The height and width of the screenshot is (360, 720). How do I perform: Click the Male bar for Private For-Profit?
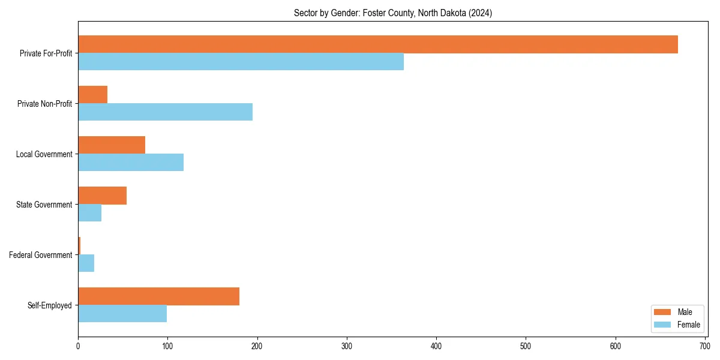(378, 44)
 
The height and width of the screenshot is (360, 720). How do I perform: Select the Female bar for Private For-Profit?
(241, 62)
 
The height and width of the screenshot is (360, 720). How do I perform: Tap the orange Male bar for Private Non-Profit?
(92, 95)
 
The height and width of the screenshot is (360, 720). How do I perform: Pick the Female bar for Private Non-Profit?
(165, 112)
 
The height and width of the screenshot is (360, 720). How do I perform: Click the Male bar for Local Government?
(112, 145)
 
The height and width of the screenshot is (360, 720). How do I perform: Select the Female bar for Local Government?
(131, 163)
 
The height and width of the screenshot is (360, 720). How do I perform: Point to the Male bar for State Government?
(102, 196)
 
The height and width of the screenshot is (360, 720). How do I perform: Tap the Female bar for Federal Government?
(86, 263)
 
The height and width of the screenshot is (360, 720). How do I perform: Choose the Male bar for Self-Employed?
(158, 296)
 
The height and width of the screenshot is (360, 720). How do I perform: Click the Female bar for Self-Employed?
(122, 314)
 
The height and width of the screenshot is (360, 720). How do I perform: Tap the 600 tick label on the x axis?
(615, 346)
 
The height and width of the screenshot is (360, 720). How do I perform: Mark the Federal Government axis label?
(40, 255)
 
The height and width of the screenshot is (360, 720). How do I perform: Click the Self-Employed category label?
(49, 305)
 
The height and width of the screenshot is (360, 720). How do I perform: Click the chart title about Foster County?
(392, 13)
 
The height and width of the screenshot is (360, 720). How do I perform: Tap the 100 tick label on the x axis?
(167, 346)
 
